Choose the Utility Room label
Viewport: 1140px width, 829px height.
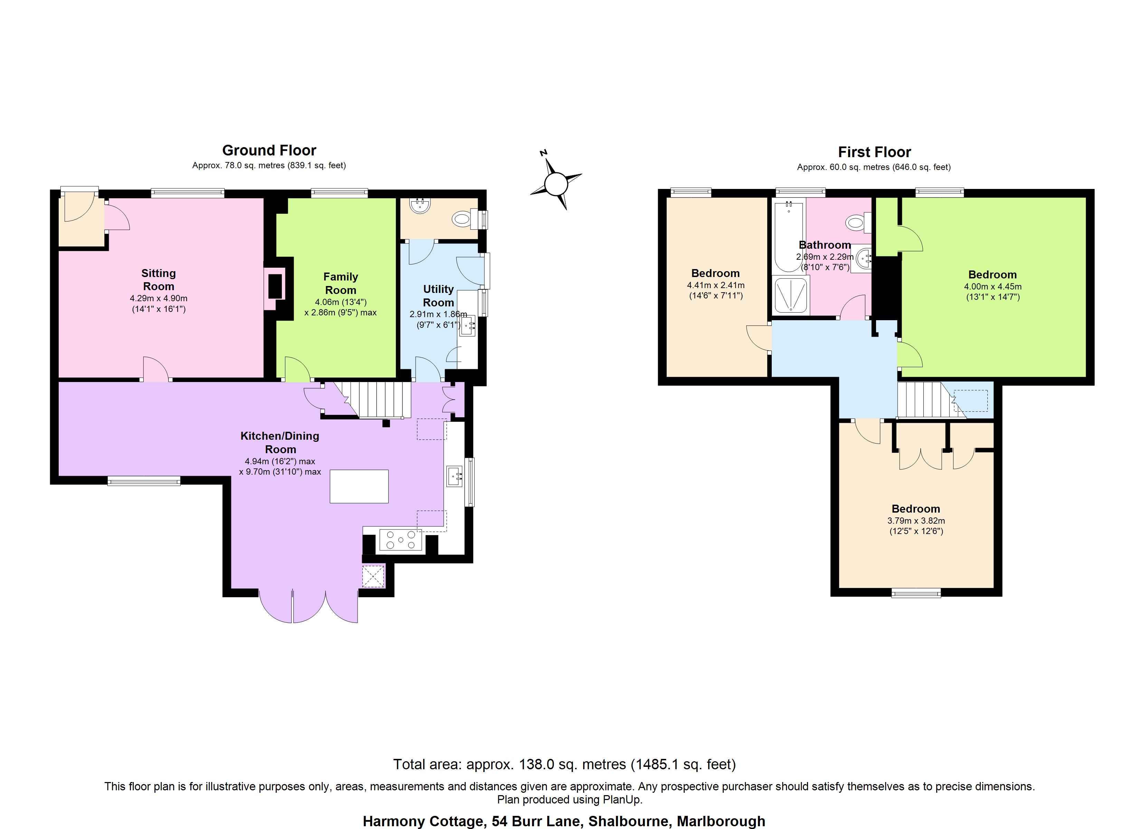438,296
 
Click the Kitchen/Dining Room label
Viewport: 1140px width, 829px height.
280,442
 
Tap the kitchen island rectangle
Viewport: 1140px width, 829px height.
359,486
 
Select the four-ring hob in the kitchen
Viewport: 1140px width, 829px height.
401,540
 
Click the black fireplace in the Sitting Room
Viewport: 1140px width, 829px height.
275,287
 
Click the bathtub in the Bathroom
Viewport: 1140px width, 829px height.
789,236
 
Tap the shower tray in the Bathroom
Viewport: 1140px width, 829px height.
791,295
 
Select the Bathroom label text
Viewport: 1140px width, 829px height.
825,245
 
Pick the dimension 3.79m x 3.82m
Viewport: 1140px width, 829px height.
916,521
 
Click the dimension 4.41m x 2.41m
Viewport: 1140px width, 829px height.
716,285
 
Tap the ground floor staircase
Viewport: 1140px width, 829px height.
372,400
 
